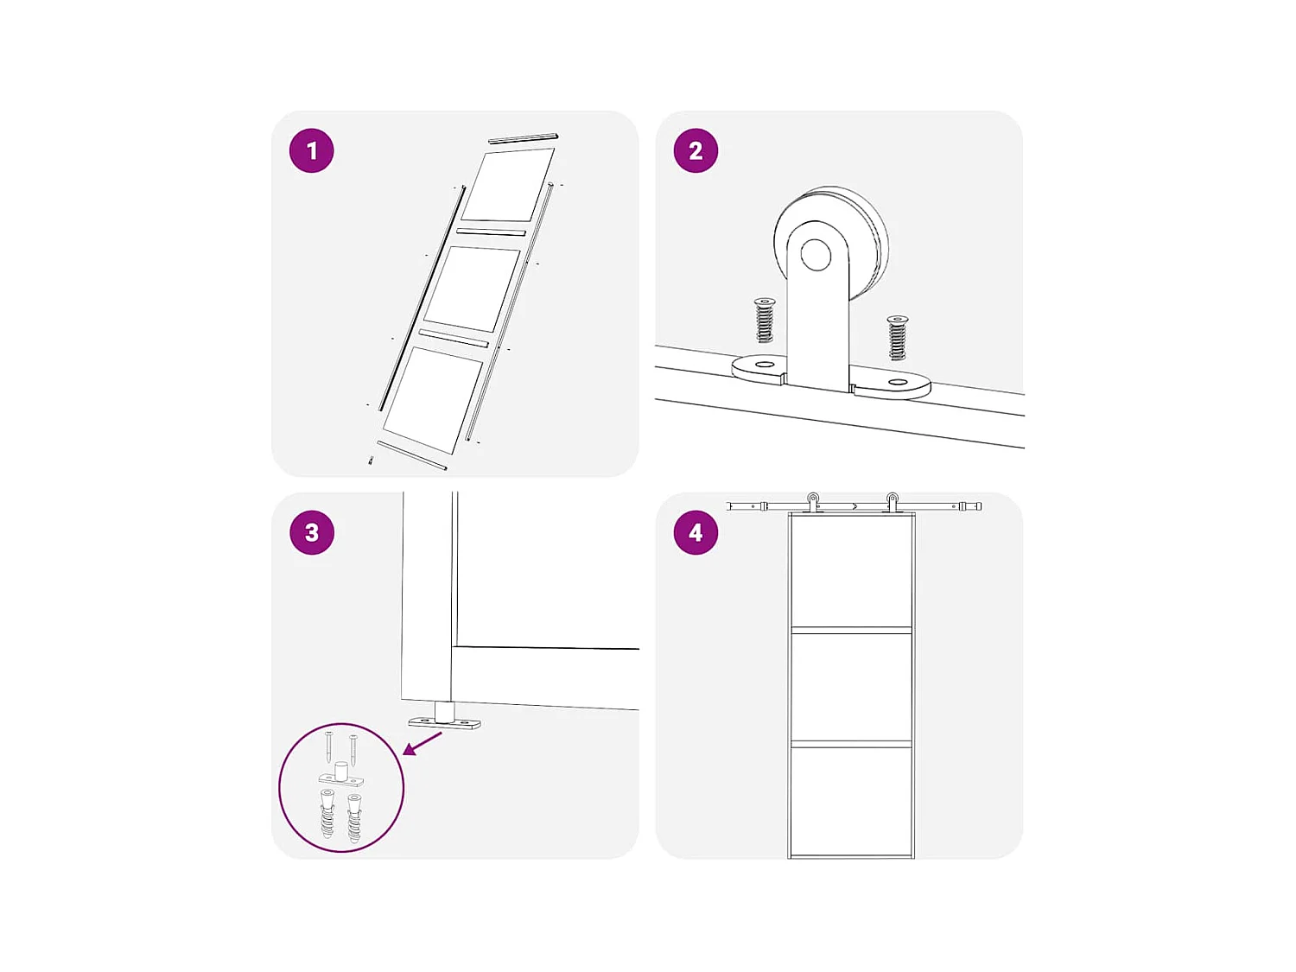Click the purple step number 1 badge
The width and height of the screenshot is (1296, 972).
point(311,151)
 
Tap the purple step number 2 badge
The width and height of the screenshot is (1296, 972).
point(696,151)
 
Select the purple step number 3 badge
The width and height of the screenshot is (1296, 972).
point(311,532)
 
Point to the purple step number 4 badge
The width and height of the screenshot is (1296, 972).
point(696,532)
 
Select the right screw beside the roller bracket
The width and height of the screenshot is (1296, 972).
point(898,337)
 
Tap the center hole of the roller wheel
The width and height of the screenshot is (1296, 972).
point(815,255)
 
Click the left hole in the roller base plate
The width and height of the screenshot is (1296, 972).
point(765,365)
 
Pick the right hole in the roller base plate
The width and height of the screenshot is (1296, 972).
point(898,381)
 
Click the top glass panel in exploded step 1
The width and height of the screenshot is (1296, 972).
point(508,185)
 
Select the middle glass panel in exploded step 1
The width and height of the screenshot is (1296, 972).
point(471,289)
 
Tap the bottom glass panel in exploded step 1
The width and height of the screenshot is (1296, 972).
point(433,398)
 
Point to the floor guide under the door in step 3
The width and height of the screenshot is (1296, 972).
point(445,719)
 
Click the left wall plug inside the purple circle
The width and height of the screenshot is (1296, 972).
point(327,814)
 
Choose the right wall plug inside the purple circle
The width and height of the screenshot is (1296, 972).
point(354,818)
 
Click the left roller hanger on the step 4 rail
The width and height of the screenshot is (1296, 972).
point(813,501)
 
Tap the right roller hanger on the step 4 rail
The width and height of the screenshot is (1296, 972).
point(892,501)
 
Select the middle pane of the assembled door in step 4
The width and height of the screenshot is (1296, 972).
point(852,687)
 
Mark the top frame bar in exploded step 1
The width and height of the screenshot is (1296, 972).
point(523,138)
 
